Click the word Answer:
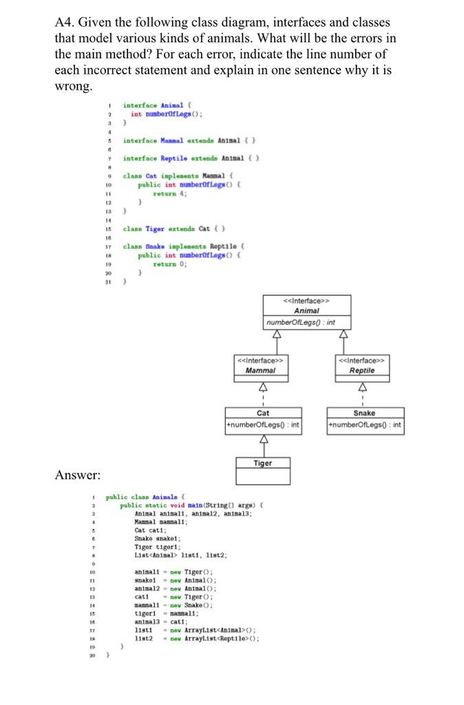coord(78,474)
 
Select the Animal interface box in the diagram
coord(306,312)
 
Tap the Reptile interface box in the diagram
coord(361,365)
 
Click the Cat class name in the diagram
coord(263,413)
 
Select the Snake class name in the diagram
coord(364,413)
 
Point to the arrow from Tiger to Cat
coord(263,445)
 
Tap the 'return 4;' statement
coord(165,193)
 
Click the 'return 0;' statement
coord(165,264)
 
